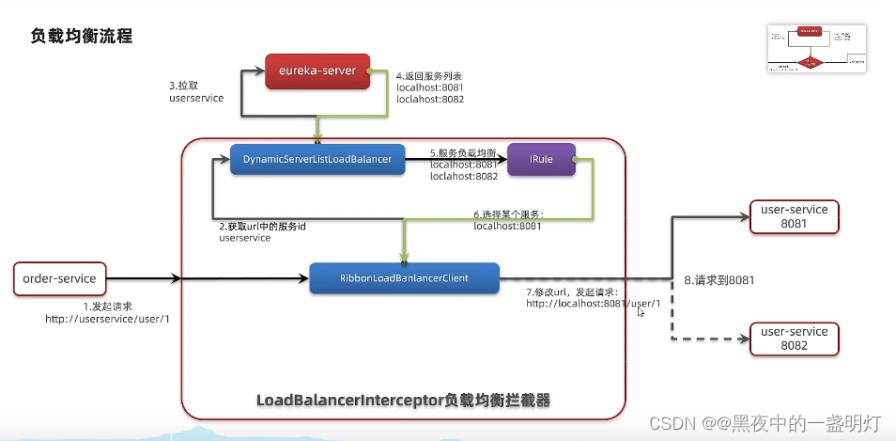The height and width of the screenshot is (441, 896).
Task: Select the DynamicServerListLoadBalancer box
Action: click(x=317, y=160)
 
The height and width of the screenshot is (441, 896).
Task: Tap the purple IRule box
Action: click(x=540, y=160)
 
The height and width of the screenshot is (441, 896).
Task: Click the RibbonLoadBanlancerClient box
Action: click(x=404, y=278)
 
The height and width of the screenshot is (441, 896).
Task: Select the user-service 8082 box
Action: click(x=794, y=339)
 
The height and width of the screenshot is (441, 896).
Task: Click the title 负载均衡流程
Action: click(x=82, y=37)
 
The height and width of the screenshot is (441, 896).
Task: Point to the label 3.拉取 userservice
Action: click(x=195, y=90)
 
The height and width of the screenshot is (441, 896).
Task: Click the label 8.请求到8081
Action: click(x=720, y=280)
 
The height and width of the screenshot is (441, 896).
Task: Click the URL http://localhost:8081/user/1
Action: click(x=594, y=304)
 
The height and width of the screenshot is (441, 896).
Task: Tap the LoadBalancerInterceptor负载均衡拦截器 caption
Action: click(x=403, y=401)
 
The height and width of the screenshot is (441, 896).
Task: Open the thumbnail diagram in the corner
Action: click(x=815, y=50)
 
